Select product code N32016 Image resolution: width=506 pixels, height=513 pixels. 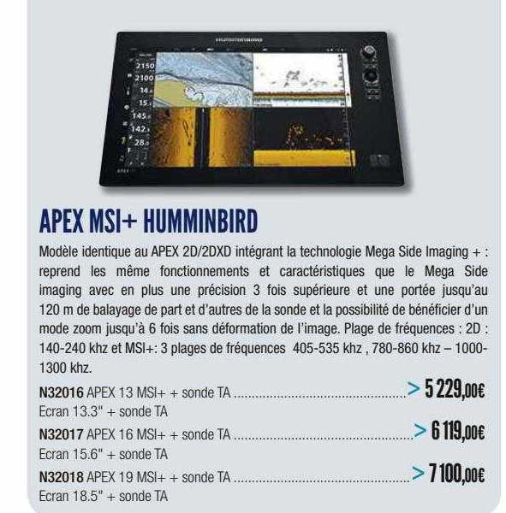[62, 394]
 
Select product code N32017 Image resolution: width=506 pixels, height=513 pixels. [62, 436]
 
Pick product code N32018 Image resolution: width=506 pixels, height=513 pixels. [62, 478]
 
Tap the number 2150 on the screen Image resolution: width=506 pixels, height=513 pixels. [143, 65]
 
